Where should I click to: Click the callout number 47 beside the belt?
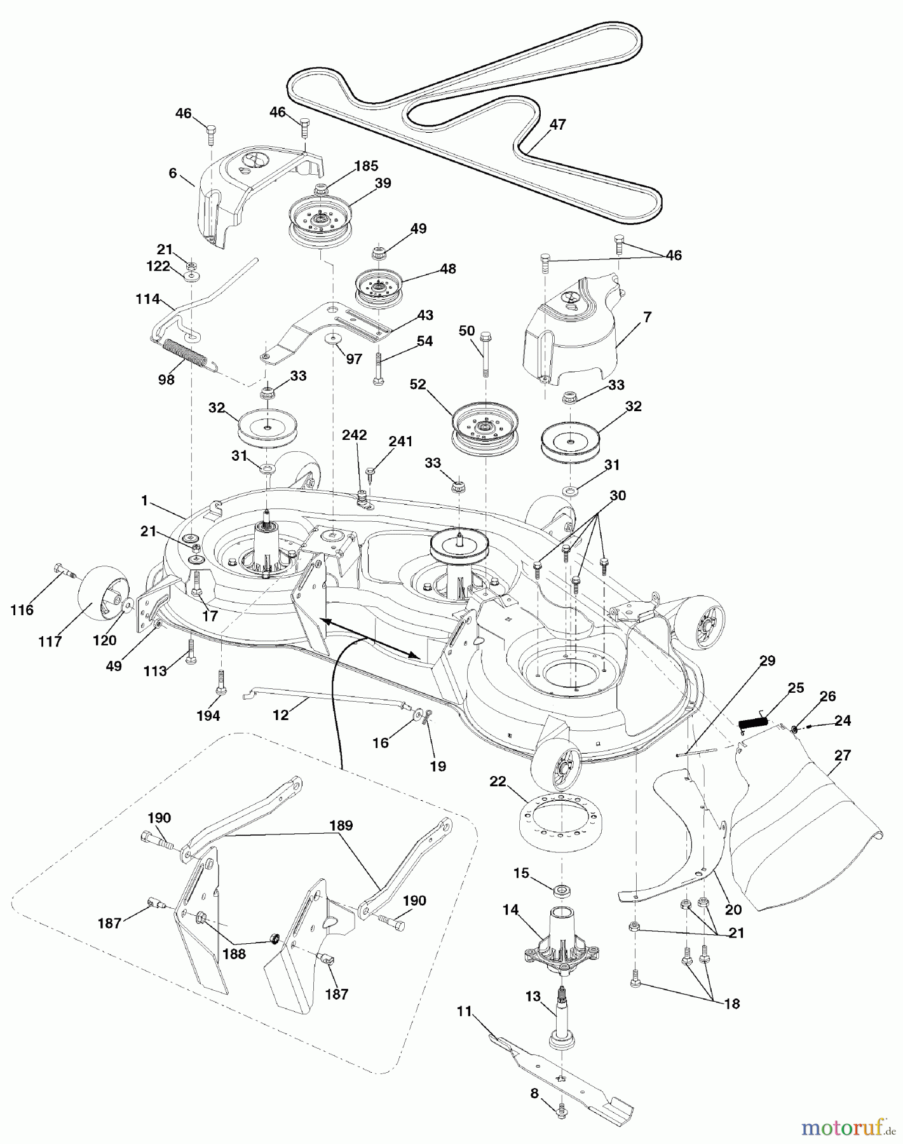[557, 125]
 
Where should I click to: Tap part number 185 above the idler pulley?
[366, 166]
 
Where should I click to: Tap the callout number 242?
[354, 435]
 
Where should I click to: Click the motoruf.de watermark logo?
[843, 1127]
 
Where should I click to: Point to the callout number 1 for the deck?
[144, 501]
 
